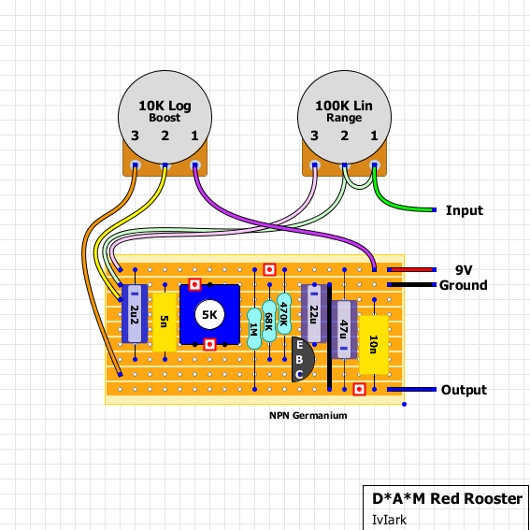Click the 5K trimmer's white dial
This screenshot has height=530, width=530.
pyautogui.click(x=209, y=315)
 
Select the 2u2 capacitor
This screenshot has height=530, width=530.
pyautogui.click(x=135, y=314)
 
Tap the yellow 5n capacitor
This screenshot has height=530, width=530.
pyautogui.click(x=165, y=322)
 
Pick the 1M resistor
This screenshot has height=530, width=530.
pyautogui.click(x=254, y=328)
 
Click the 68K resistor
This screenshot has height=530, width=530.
pyautogui.click(x=269, y=322)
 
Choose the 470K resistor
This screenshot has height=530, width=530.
pyautogui.click(x=284, y=314)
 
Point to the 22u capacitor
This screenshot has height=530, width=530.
pyautogui.click(x=314, y=314)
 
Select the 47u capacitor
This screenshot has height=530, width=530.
pyautogui.click(x=344, y=330)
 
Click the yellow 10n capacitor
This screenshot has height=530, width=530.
pyautogui.click(x=374, y=345)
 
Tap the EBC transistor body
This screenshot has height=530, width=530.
pyautogui.click(x=302, y=359)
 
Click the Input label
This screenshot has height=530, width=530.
pyautogui.click(x=464, y=210)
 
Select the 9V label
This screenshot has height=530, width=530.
pyautogui.click(x=464, y=270)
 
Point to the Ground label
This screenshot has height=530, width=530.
pyautogui.click(x=464, y=285)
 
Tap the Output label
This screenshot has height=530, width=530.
pyautogui.click(x=464, y=390)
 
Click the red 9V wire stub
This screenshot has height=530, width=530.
pyautogui.click(x=411, y=270)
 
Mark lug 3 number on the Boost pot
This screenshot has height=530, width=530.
pyautogui.click(x=135, y=136)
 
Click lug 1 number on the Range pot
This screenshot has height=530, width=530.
pyautogui.click(x=374, y=136)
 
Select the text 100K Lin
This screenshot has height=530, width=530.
pyautogui.click(x=344, y=106)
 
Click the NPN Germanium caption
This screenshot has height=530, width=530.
pyautogui.click(x=308, y=415)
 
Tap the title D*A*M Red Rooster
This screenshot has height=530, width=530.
pyautogui.click(x=447, y=498)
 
